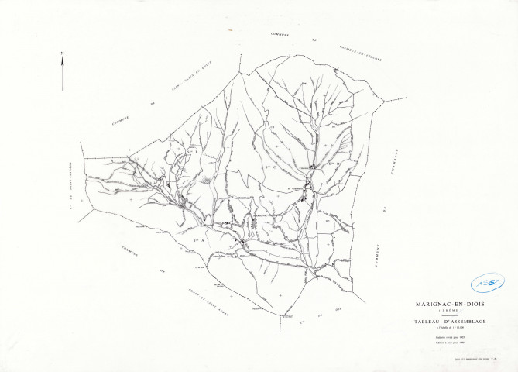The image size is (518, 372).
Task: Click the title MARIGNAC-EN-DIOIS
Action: tap(450, 305)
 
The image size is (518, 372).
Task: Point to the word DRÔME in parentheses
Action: tap(450, 312)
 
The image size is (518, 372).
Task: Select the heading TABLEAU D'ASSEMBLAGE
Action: tap(450, 322)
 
